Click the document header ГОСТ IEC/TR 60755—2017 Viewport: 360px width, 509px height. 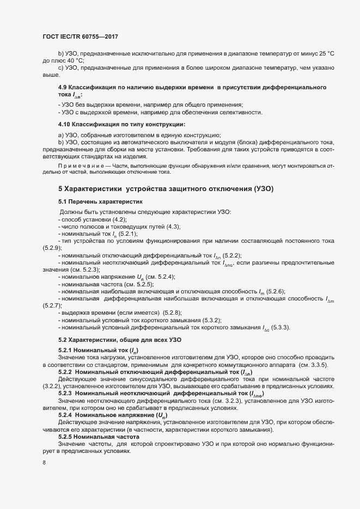tap(80, 36)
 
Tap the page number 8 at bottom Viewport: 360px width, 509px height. tap(44, 463)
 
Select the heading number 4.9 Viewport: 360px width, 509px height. tap(63, 88)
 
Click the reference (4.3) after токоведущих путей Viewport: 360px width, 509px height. tap(170, 226)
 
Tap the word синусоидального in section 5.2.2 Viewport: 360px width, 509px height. tap(148, 378)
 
